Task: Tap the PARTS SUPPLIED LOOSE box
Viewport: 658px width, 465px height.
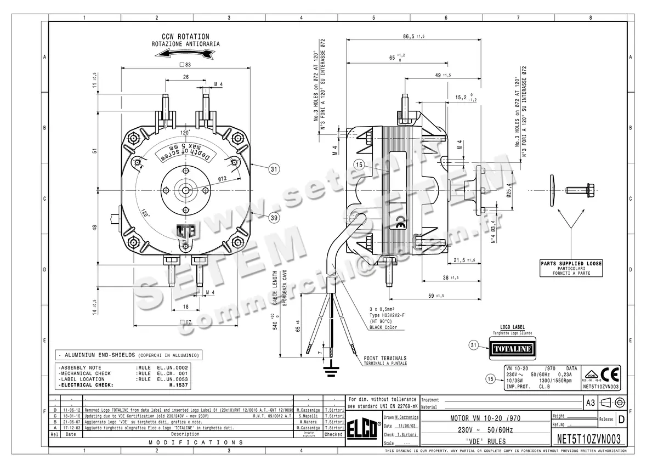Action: (571, 268)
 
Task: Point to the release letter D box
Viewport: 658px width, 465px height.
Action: (621, 419)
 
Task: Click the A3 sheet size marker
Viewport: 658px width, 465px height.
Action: (590, 402)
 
